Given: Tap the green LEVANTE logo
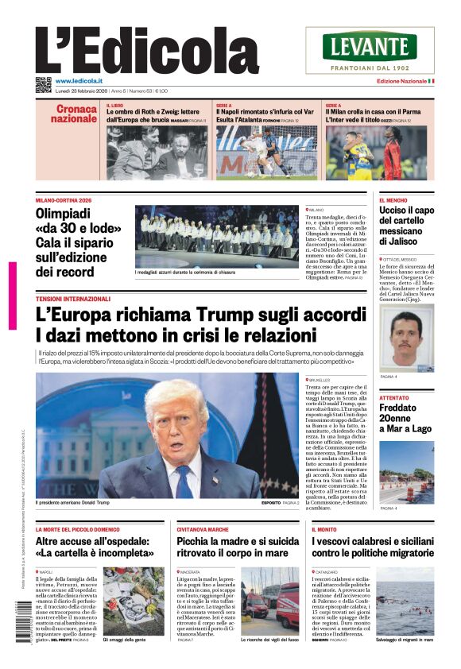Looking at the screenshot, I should click(370, 46).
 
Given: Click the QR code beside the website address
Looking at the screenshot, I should click(43, 84).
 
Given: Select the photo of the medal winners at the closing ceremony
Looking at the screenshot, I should click(217, 237).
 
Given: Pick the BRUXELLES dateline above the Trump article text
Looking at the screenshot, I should click(320, 380).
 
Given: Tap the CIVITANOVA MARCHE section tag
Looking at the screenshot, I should click(202, 528).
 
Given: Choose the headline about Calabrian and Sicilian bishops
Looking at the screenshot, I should click(372, 547).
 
